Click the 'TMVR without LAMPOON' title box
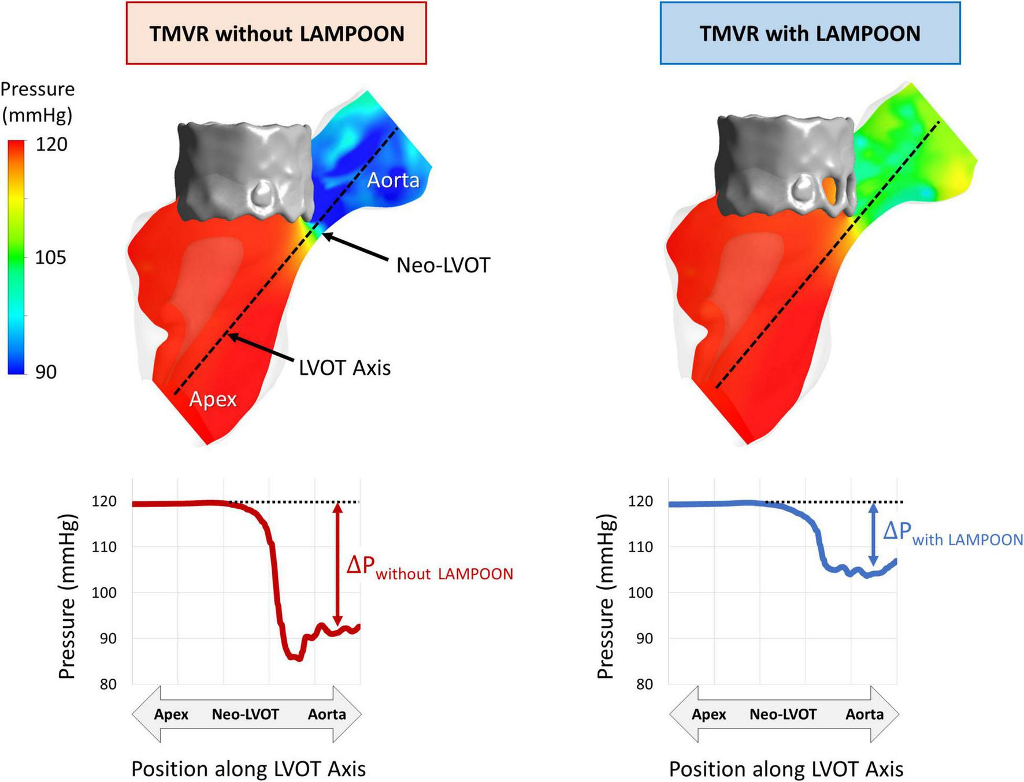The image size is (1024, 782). [276, 33]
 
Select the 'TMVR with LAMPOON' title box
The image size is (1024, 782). [810, 33]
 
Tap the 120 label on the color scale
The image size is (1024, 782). [51, 144]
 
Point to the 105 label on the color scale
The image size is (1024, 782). [51, 258]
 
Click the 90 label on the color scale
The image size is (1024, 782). [46, 372]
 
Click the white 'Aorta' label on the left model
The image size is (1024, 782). [393, 180]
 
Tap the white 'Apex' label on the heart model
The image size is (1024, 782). [213, 399]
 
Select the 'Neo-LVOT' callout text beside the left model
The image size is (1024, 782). [443, 265]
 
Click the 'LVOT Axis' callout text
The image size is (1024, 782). [345, 368]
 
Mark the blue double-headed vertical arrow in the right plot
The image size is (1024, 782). [873, 534]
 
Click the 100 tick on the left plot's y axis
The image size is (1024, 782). [104, 593]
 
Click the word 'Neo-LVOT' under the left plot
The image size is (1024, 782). [245, 714]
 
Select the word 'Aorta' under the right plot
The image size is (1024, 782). [865, 714]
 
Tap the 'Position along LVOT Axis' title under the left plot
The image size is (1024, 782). [248, 769]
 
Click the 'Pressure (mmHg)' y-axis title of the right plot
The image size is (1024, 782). [605, 596]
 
